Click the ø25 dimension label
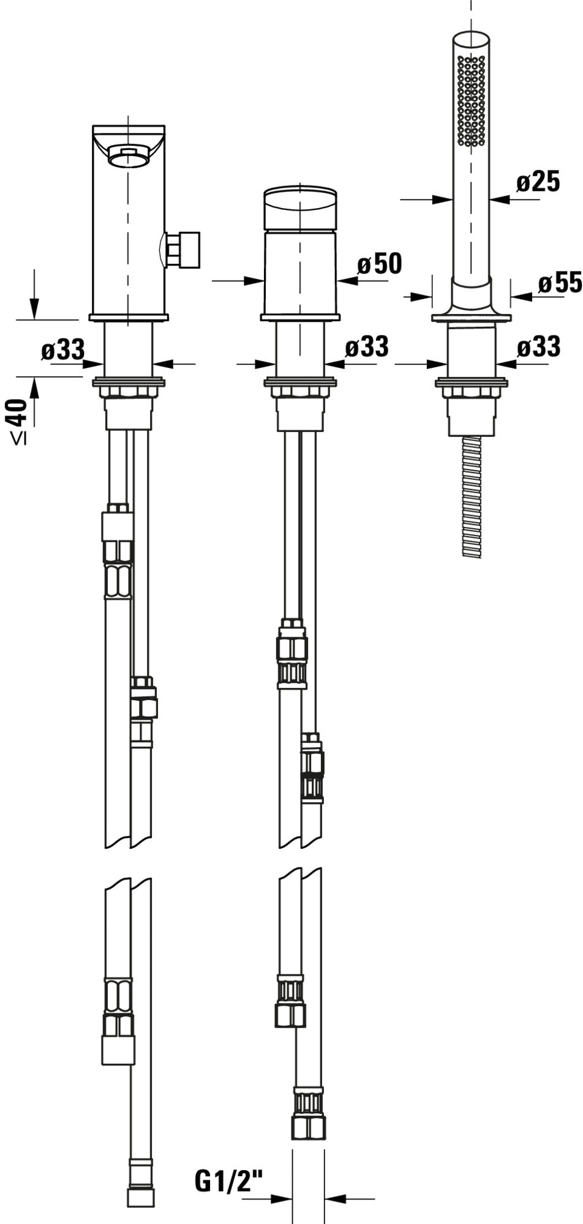[x=538, y=182]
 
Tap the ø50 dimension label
[x=380, y=264]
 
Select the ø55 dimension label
[x=560, y=283]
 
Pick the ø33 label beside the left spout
[x=63, y=351]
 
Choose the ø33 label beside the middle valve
[x=366, y=347]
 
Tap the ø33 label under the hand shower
[x=538, y=347]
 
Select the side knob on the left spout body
[x=182, y=249]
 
